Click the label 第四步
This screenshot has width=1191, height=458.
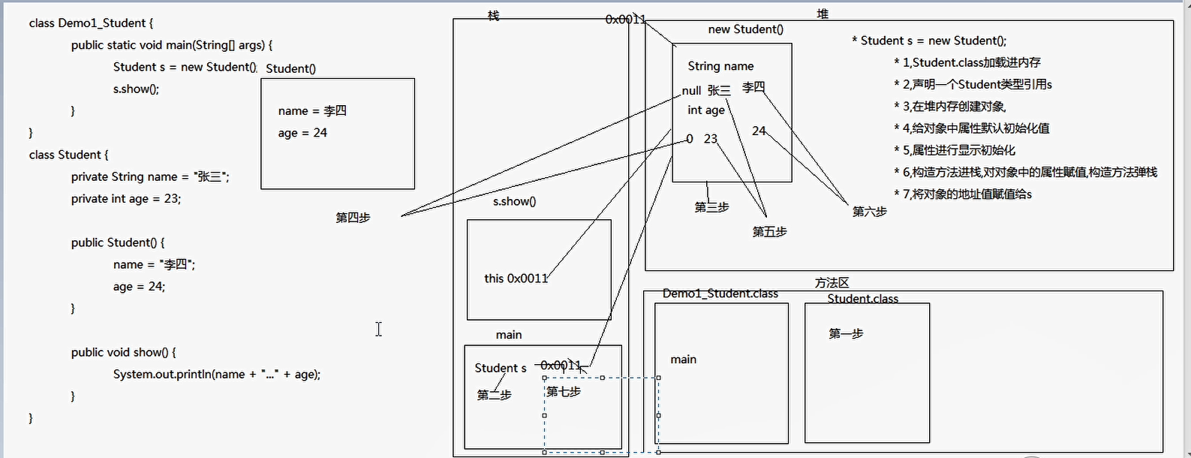pos(353,218)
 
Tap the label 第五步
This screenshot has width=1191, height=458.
pos(769,232)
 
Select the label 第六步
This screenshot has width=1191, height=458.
pos(869,212)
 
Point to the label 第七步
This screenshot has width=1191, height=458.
pos(564,391)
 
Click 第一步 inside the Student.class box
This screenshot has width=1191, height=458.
pos(846,333)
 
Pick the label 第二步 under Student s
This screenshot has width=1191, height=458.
pos(494,395)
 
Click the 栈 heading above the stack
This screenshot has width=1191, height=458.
pos(493,15)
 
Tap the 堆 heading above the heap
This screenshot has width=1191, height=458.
pos(823,14)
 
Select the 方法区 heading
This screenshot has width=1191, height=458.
pos(832,283)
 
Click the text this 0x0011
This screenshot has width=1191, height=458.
pos(516,279)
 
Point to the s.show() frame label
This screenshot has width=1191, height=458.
pos(514,201)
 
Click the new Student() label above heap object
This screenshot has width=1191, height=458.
pos(745,29)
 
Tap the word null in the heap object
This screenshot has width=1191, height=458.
pos(691,91)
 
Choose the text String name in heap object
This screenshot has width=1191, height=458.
pos(720,66)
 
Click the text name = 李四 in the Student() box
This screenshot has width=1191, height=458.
pos(312,111)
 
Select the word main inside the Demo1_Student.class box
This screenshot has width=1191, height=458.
pos(683,360)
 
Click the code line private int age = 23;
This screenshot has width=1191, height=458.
pos(126,199)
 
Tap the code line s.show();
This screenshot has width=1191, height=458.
pos(136,89)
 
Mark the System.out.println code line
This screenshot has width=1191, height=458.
pos(216,374)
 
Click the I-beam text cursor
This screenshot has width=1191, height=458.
pos(379,329)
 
